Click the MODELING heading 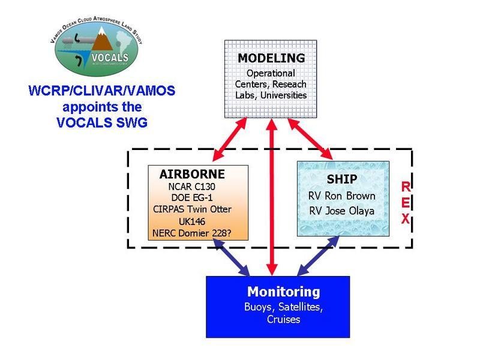pos(271,58)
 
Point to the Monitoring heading pos(284,292)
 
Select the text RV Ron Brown pos(343,196)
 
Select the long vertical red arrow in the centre pos(273,198)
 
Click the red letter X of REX pos(406,219)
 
